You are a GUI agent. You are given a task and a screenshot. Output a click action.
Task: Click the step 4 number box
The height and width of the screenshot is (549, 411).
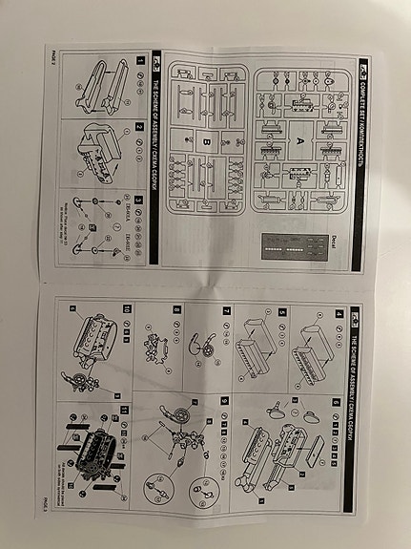coord(339,314)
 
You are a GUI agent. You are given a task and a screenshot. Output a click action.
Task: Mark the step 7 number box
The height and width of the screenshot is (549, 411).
coord(225,314)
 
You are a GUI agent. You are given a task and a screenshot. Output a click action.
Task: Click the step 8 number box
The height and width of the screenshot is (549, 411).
coord(176,314)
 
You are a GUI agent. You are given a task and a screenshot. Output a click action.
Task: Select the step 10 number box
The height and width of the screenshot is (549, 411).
coord(128,314)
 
